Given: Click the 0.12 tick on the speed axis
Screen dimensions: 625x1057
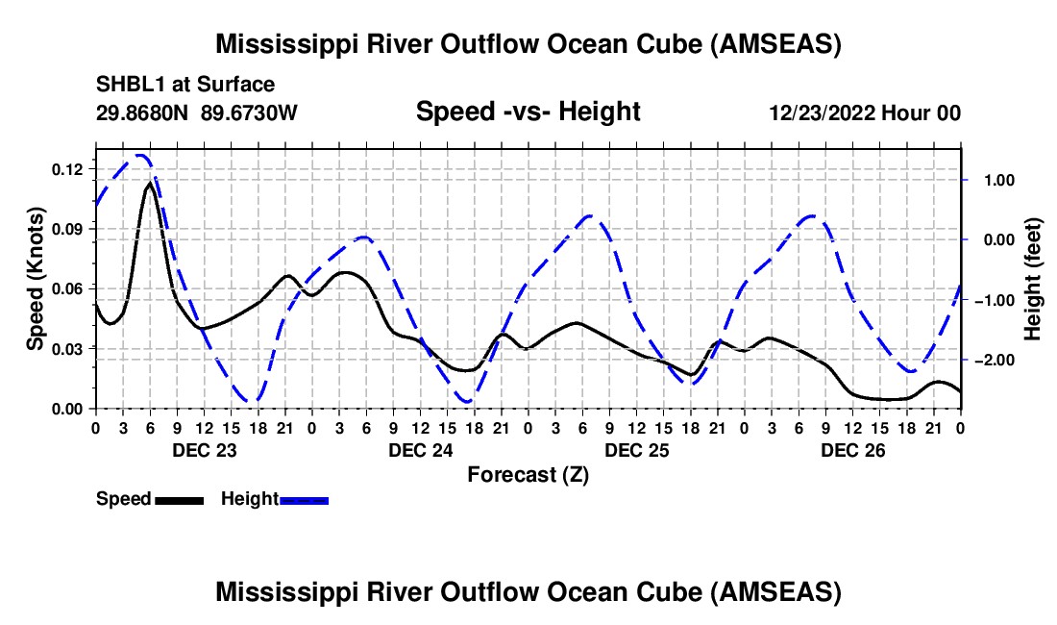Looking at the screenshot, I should [x=68, y=169].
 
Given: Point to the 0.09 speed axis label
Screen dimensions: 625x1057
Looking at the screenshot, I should [x=68, y=229].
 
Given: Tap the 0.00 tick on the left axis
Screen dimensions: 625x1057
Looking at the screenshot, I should [x=68, y=409].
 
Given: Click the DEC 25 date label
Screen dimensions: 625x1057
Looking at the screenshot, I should [x=635, y=450].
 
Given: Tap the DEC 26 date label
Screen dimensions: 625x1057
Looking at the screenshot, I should [x=852, y=450].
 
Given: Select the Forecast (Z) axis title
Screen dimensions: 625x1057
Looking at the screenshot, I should [x=528, y=474].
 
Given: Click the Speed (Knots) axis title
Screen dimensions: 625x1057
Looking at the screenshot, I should [x=35, y=279].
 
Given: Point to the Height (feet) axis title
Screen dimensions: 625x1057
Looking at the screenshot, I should [x=1033, y=279].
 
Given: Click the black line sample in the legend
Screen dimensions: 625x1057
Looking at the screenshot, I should [x=178, y=499].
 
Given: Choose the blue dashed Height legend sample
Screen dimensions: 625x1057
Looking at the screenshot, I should [x=304, y=499].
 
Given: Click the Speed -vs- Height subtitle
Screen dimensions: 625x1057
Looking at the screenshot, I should [x=528, y=112].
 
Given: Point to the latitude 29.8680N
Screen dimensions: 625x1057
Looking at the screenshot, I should [x=143, y=112].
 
